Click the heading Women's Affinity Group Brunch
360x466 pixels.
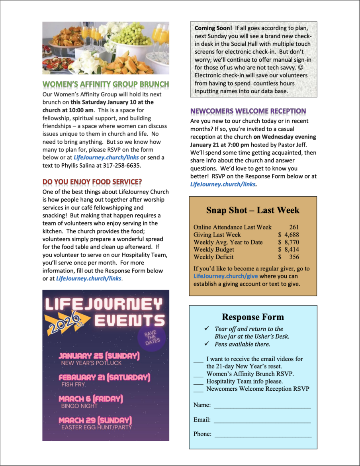(106, 84)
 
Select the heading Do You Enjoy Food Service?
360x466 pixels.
(92, 182)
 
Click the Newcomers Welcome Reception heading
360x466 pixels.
(248, 111)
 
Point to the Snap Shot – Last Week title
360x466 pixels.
(252, 210)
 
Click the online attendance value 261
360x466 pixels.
(294, 227)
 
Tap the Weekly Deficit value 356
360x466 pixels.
(294, 257)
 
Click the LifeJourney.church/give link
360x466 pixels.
(226, 276)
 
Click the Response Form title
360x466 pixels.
(253, 317)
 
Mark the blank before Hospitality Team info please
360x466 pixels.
(198, 382)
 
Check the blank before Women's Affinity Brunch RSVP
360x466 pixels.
(198, 374)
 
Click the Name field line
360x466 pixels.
(262, 405)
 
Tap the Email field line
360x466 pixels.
(262, 420)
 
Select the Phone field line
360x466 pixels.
(262, 435)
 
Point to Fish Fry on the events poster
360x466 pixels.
(73, 385)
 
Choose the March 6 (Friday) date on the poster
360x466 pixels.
(91, 399)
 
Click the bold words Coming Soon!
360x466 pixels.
(213, 29)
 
